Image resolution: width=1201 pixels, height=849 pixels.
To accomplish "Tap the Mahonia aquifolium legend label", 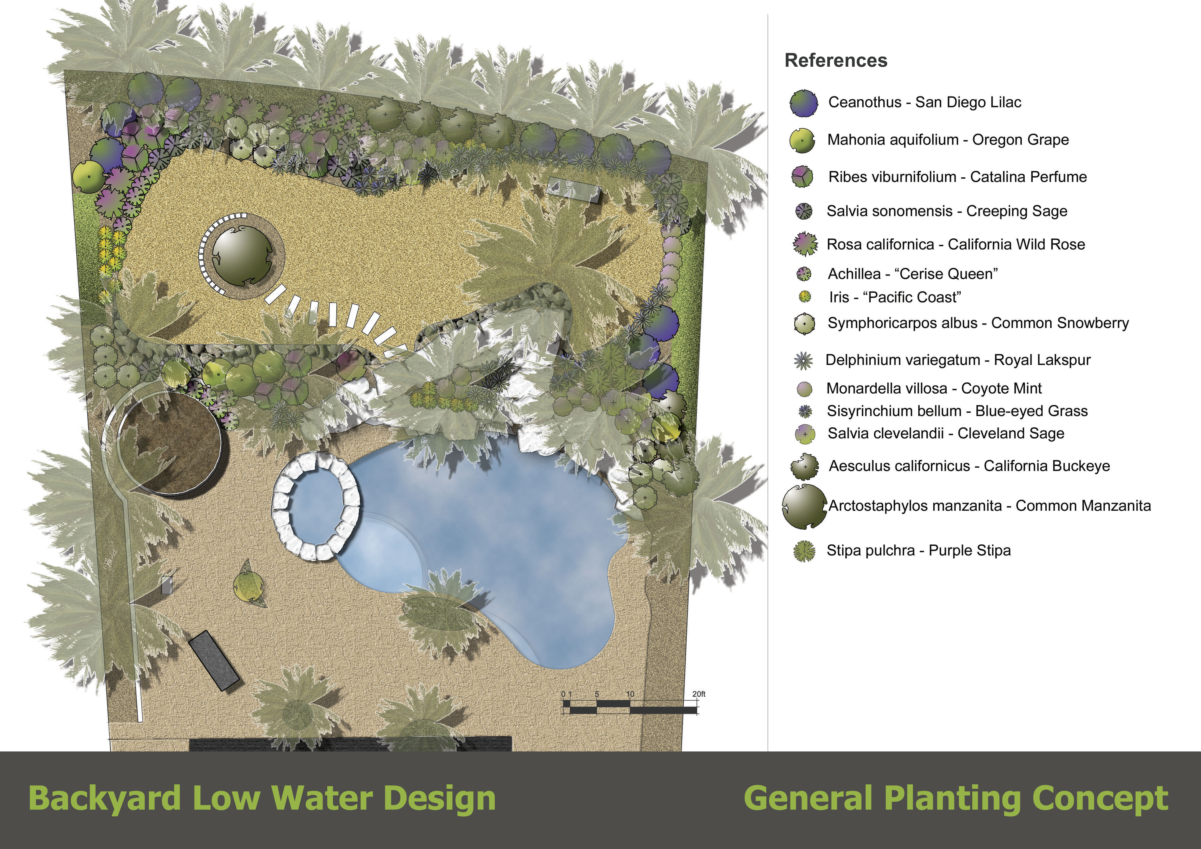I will click(x=948, y=140).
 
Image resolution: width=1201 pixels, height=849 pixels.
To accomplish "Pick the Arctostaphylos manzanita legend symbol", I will click(x=805, y=506).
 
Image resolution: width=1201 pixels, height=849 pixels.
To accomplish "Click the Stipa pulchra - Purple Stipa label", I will click(x=919, y=550).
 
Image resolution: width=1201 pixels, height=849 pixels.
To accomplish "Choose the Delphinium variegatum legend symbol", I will click(x=804, y=360).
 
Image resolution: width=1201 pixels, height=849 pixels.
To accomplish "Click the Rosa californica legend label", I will click(x=956, y=244).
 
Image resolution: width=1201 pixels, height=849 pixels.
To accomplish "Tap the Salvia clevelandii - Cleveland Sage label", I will click(x=946, y=433).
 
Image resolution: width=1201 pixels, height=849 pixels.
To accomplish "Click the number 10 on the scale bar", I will click(x=630, y=694).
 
